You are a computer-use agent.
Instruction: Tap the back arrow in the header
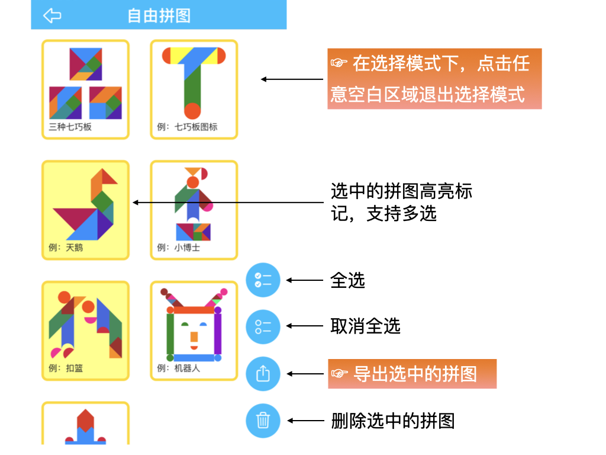click(x=53, y=15)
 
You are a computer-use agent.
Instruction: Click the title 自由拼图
click(x=159, y=15)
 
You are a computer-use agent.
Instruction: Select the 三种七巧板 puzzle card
click(x=85, y=89)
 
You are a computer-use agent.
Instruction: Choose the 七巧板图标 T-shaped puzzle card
click(x=194, y=89)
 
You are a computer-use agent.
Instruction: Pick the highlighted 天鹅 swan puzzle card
click(x=85, y=210)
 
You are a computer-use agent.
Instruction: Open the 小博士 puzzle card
click(x=194, y=210)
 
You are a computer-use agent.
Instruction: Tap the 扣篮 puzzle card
click(x=85, y=330)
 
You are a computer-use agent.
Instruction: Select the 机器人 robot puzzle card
click(x=194, y=330)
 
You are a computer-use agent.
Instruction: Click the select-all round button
click(x=263, y=280)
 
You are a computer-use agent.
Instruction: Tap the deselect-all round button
click(x=263, y=326)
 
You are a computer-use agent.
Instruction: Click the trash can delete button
click(x=263, y=421)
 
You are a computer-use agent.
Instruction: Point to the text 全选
click(x=347, y=280)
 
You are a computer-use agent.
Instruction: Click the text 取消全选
click(x=365, y=326)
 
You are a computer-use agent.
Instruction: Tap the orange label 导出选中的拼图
click(x=412, y=374)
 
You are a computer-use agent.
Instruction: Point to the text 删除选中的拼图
click(x=393, y=421)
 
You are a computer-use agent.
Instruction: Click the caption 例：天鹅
click(x=66, y=247)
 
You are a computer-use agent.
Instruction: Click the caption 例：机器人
click(x=179, y=368)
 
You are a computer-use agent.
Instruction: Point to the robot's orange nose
click(x=194, y=337)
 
